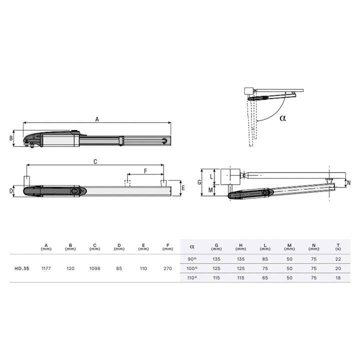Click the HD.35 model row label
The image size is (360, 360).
click(22, 268)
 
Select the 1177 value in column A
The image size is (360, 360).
click(46, 268)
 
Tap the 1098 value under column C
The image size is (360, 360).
click(94, 268)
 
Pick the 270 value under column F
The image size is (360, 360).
click(168, 268)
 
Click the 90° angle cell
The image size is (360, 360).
click(192, 259)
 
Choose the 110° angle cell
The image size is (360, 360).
click(192, 278)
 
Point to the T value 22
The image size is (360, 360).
click(338, 259)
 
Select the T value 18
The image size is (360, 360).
click(338, 278)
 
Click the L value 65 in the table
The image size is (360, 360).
click(265, 278)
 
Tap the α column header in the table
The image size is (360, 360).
click(192, 247)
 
